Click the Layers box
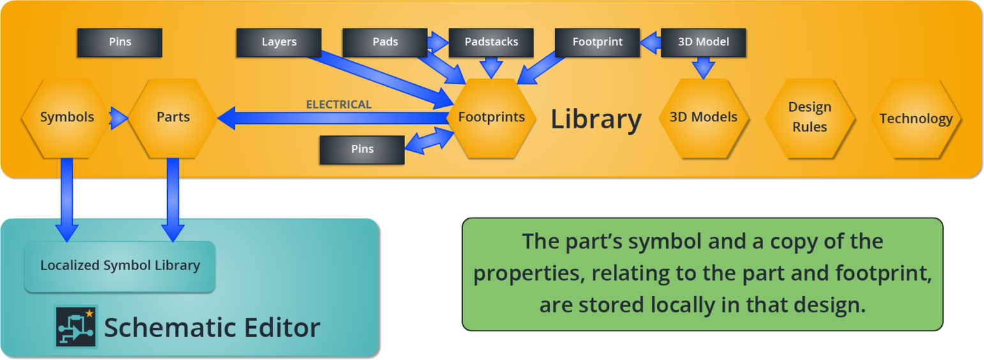[278, 43]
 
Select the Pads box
[385, 43]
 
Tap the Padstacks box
[491, 43]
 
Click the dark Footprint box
[597, 43]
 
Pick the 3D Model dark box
[703, 43]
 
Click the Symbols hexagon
[67, 118]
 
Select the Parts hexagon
[173, 118]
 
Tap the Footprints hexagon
[491, 118]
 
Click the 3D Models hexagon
[703, 118]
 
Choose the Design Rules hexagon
[810, 118]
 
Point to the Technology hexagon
[916, 118]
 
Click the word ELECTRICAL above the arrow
[339, 105]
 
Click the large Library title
[596, 119]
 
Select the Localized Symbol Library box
[120, 266]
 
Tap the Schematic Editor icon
[75, 327]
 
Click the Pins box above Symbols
[119, 43]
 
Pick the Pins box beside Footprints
[362, 150]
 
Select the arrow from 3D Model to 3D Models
[703, 68]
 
